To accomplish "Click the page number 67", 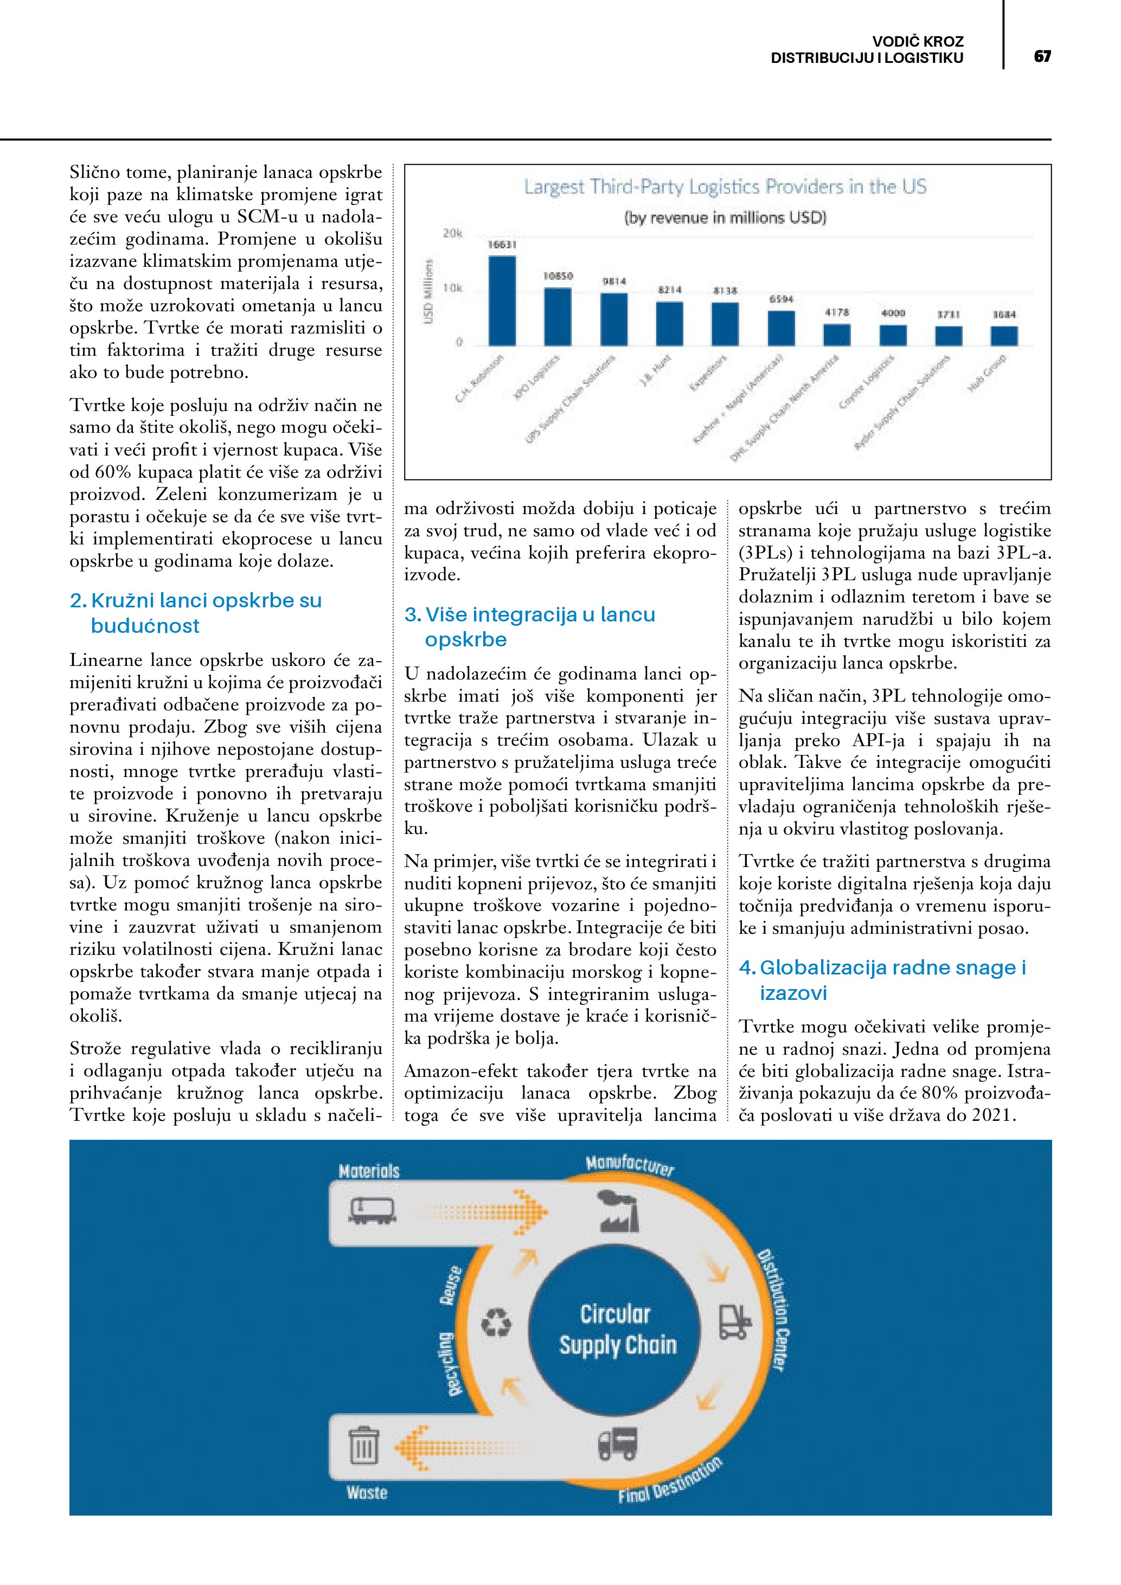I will pyautogui.click(x=1042, y=56).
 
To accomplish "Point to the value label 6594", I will pyautogui.click(x=781, y=299).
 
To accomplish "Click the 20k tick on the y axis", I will pyautogui.click(x=452, y=233).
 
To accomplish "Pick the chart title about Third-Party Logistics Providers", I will pyautogui.click(x=725, y=187).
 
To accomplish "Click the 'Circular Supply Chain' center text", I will pyautogui.click(x=617, y=1329).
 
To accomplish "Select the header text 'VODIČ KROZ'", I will pyautogui.click(x=918, y=41).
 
